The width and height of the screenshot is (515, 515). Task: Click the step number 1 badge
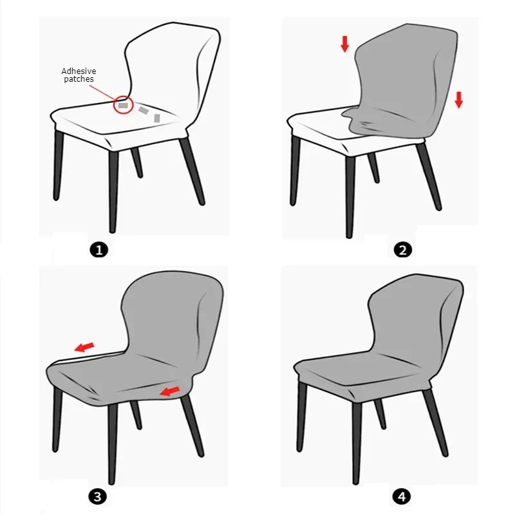pos(98,250)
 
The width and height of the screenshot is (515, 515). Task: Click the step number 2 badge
pos(403,250)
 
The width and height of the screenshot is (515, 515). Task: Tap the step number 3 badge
pos(98,496)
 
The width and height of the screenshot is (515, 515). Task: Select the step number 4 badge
pos(401,496)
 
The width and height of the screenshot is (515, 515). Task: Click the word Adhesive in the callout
pos(79,71)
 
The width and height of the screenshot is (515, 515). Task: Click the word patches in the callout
pos(79,79)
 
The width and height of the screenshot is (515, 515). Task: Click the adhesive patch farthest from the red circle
pos(157,118)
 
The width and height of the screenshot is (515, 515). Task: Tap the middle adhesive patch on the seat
pos(143,111)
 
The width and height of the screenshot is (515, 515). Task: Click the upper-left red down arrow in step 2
pos(344,44)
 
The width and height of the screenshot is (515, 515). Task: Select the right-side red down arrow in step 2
pos(459,100)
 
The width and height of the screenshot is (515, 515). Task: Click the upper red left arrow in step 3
pos(84,347)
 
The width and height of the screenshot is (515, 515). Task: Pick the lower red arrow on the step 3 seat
pos(169,391)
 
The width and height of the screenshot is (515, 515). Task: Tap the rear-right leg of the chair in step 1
pos(192,171)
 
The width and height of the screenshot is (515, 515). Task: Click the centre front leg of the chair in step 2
pos(350,196)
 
